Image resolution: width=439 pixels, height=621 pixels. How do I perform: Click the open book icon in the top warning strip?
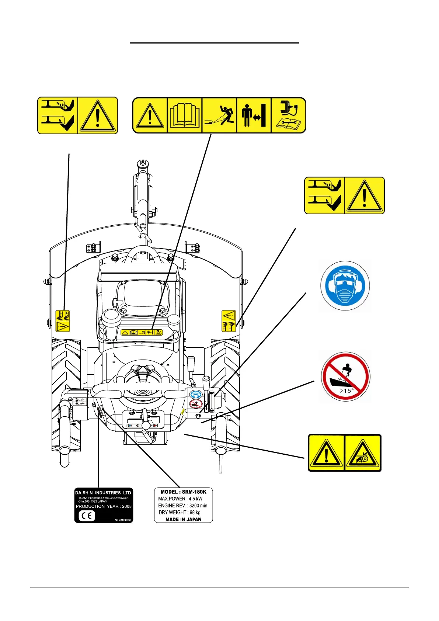(x=184, y=115)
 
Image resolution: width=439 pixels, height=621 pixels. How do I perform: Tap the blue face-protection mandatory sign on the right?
(x=345, y=286)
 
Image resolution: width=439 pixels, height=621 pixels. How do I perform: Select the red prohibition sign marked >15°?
(x=345, y=377)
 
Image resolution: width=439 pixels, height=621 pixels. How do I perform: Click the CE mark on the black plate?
(x=87, y=516)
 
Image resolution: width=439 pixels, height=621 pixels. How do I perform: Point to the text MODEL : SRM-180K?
(x=183, y=492)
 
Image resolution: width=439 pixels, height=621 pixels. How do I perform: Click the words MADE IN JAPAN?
(x=183, y=519)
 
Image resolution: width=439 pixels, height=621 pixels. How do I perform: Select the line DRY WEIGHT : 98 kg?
(x=180, y=513)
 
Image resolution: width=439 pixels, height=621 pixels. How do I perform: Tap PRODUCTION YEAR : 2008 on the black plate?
(x=104, y=506)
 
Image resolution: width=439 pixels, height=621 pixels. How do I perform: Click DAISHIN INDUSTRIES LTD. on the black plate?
(x=104, y=493)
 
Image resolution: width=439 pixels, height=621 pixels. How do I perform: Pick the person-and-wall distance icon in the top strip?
(x=254, y=115)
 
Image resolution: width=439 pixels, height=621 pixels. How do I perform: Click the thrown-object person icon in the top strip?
(x=219, y=115)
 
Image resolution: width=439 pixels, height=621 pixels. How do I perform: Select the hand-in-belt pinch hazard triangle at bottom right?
(x=362, y=453)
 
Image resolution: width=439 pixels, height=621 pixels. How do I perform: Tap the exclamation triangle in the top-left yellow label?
(x=98, y=115)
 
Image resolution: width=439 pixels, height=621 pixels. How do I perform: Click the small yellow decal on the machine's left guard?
(x=63, y=321)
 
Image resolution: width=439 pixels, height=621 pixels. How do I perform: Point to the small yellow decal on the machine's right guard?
(x=229, y=321)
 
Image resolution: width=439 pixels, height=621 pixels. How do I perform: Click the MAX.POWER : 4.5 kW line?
(x=180, y=499)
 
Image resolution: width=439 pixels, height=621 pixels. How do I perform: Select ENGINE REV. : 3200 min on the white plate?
(x=182, y=506)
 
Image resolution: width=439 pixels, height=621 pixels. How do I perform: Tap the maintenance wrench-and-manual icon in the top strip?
(x=289, y=115)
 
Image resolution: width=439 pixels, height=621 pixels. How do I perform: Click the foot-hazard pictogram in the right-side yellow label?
(x=324, y=195)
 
